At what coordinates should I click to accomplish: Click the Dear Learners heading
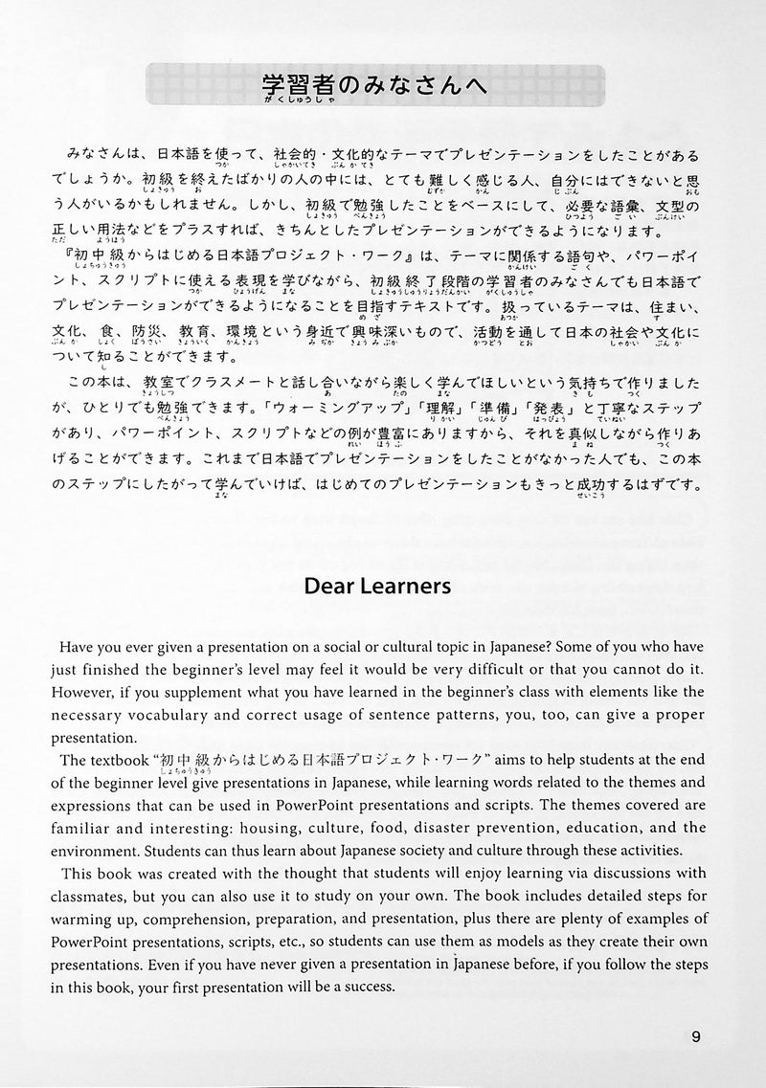(x=382, y=587)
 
